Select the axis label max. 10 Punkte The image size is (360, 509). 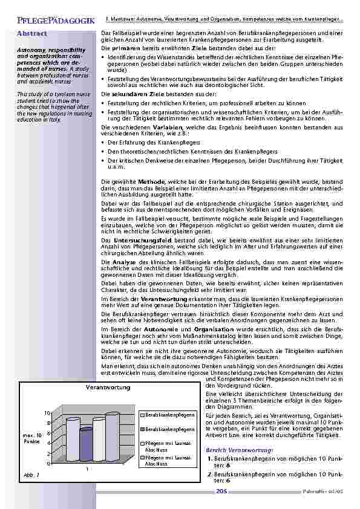(32, 438)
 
